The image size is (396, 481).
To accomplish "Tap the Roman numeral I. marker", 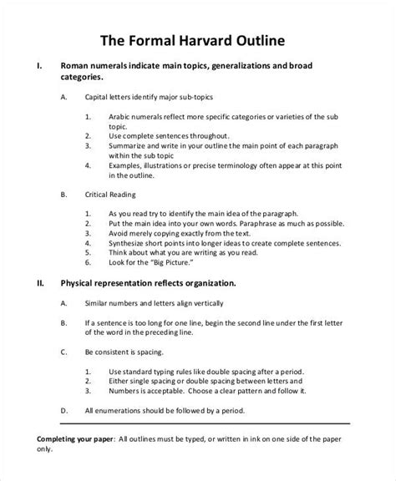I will (x=32, y=64).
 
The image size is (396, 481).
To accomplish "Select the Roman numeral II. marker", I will (x=33, y=284).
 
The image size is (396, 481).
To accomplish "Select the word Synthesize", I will (x=133, y=236).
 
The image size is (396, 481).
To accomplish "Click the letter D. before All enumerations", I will (x=64, y=410).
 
